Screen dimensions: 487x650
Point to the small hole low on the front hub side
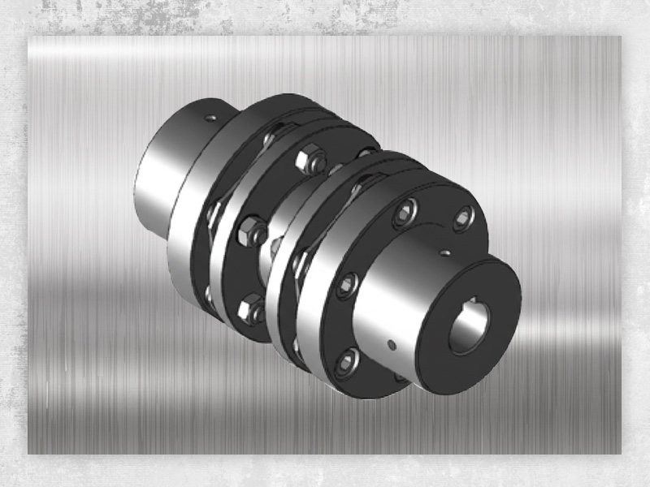point(391,345)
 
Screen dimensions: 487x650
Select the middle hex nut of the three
point(251,234)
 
